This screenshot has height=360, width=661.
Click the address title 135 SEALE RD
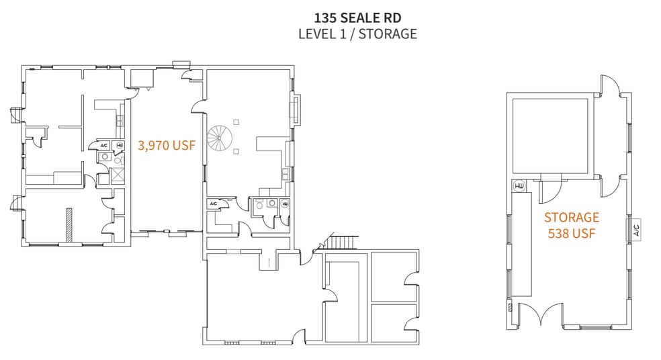coord(357,17)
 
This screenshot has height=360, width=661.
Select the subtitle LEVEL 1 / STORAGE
coord(357,34)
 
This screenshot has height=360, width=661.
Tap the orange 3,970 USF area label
coord(167,144)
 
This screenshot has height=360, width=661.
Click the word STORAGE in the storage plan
coord(571,217)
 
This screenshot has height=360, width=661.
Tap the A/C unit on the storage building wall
coord(635,230)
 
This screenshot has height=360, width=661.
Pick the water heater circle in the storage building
coord(519,186)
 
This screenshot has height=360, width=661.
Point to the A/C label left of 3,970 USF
coord(104,145)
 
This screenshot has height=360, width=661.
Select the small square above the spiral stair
coord(235,121)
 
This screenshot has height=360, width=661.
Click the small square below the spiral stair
coord(236,152)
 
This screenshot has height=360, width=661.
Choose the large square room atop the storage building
coord(550,134)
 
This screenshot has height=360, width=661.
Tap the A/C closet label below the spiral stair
coord(213,203)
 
